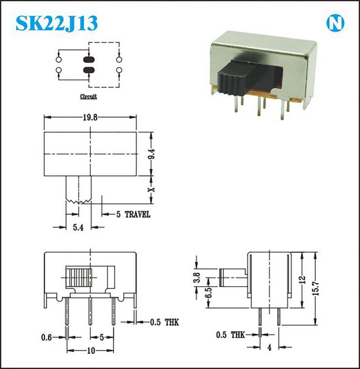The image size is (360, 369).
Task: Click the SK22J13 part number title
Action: [x=57, y=23]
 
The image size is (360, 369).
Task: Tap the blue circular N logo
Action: [x=335, y=23]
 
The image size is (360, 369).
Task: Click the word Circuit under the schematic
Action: [x=88, y=96]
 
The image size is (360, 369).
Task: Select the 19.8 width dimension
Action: [x=90, y=117]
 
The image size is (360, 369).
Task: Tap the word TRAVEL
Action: [x=137, y=214]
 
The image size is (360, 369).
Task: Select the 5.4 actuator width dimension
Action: [x=78, y=227]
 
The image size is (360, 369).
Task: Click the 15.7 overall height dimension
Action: [x=316, y=288]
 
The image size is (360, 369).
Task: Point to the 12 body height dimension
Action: [x=303, y=279]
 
